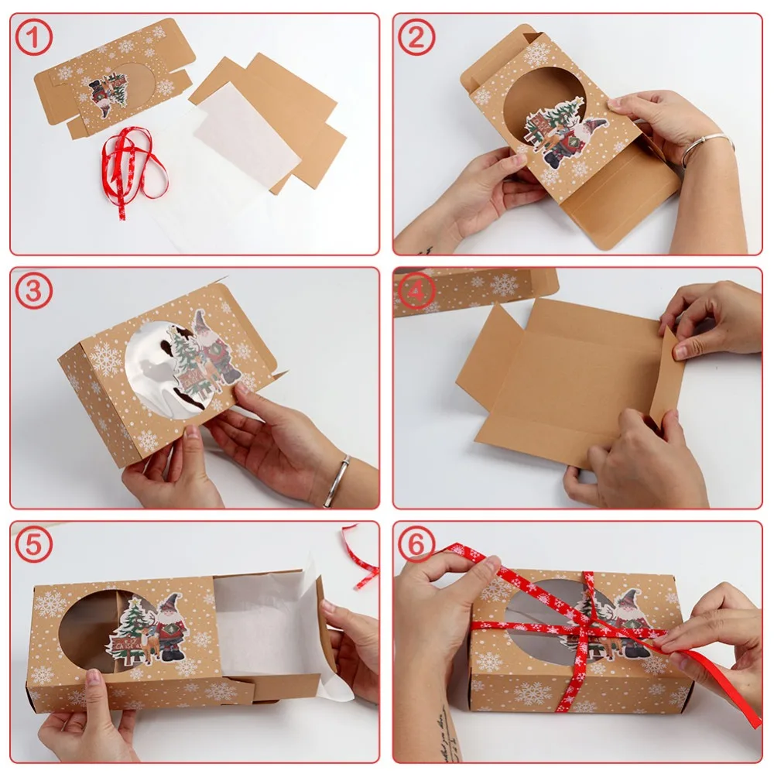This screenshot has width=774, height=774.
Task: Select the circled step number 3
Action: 33,292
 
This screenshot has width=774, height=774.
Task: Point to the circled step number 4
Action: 416,292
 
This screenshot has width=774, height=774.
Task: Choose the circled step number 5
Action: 33,545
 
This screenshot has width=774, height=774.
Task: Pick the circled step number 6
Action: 416,545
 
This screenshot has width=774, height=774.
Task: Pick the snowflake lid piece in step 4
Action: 476,288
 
